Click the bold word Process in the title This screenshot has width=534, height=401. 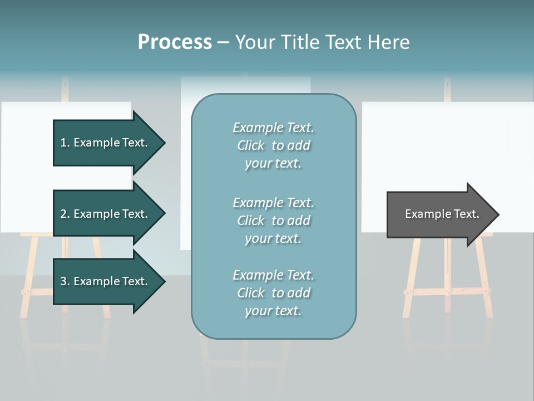[x=175, y=42]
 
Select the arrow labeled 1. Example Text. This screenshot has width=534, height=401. [x=106, y=143]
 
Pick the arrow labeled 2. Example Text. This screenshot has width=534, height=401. [x=106, y=214]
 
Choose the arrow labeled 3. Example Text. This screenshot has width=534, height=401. [x=106, y=281]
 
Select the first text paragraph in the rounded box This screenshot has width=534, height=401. [x=273, y=145]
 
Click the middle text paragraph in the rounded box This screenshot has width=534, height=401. [x=273, y=221]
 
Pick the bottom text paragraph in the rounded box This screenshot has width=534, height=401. [x=273, y=293]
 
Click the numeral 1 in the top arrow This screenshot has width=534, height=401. [x=63, y=143]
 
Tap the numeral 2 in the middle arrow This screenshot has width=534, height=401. [x=63, y=214]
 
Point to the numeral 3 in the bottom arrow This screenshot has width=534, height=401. [x=63, y=281]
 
